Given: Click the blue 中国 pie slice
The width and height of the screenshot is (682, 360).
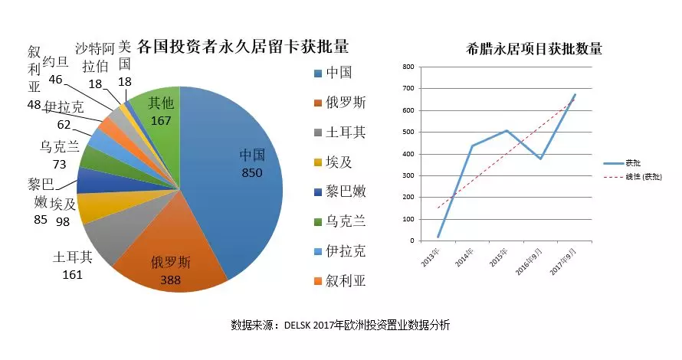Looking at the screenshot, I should pyautogui.click(x=238, y=176).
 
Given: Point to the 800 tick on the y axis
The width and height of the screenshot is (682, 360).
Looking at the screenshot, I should pyautogui.click(x=408, y=67).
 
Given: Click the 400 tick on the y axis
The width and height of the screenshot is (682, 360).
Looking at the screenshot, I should pyautogui.click(x=408, y=153).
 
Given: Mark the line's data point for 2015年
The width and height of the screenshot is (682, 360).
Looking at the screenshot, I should pyautogui.click(x=506, y=131).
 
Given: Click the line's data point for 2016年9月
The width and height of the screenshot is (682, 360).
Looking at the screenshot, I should pyautogui.click(x=540, y=159).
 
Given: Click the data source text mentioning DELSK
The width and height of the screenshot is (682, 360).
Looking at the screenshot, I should pyautogui.click(x=340, y=324).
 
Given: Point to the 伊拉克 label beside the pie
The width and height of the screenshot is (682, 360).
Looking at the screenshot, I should pyautogui.click(x=64, y=106).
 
